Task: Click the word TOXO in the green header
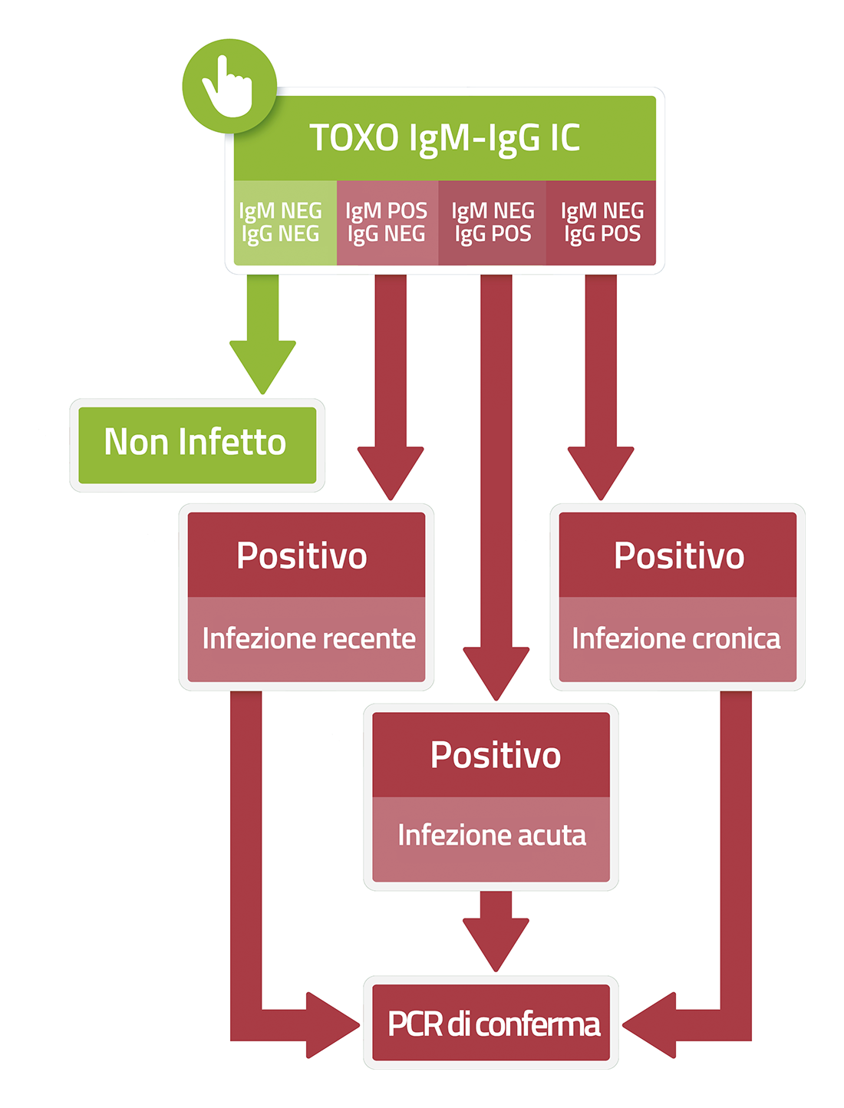(354, 137)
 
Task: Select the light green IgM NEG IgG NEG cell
(285, 222)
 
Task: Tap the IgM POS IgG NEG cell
(387, 222)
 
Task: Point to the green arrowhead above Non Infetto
(262, 366)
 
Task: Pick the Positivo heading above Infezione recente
(302, 556)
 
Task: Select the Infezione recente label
(309, 638)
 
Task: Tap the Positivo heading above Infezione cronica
(679, 556)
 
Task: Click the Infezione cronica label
(677, 638)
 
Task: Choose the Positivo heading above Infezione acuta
(496, 755)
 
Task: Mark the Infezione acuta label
(492, 835)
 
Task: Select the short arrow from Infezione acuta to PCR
(496, 931)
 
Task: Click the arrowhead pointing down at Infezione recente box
(391, 473)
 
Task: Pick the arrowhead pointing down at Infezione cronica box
(601, 473)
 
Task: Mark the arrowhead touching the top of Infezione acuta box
(496, 674)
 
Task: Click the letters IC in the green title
(565, 137)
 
